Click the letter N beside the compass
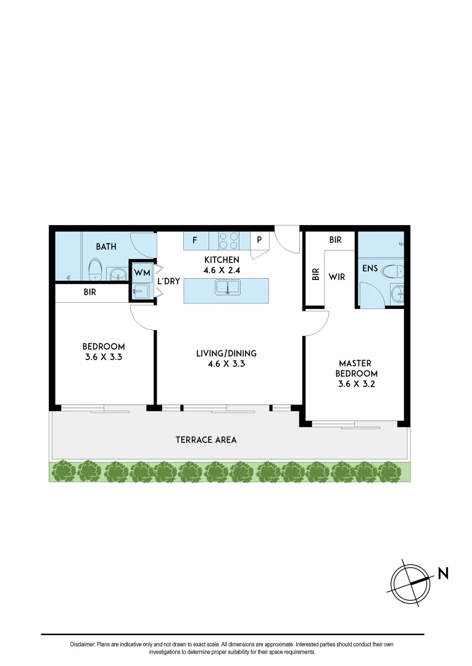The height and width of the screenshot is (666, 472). pos(443,573)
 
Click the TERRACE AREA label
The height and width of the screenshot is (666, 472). pos(206,440)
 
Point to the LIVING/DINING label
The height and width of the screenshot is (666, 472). pos(226,353)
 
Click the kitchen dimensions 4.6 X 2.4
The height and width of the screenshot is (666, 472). pos(222,270)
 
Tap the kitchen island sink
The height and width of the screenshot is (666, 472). pos(226,287)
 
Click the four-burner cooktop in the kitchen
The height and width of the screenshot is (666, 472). pos(230,240)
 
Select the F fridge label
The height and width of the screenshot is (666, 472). pos(195,240)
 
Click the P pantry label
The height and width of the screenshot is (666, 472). pos(259,240)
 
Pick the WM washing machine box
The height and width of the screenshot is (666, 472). pos(142,272)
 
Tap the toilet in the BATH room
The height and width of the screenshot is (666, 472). pos(95,269)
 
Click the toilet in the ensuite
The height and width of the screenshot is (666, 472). pos(391,271)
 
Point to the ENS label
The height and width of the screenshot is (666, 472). pos(370,269)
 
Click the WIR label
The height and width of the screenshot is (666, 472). pos(336,277)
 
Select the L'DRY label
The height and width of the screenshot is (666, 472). pos(168,281)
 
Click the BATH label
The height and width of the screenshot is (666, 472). pos(106,247)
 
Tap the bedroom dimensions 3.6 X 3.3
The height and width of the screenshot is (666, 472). pos(104,356)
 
